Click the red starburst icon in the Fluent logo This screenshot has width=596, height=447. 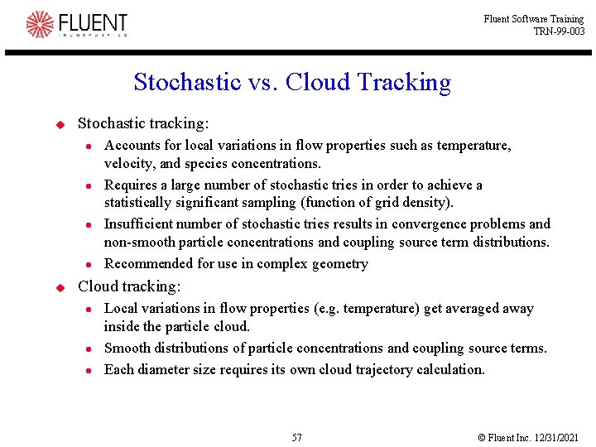pyautogui.click(x=39, y=25)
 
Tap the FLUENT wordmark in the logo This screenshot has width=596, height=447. pyautogui.click(x=92, y=22)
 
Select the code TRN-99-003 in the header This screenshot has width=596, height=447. pyautogui.click(x=559, y=31)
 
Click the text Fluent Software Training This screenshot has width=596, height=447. pyautogui.click(x=534, y=19)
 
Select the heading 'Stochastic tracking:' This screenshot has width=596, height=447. pyautogui.click(x=143, y=123)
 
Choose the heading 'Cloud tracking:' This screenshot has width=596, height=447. pyautogui.click(x=128, y=286)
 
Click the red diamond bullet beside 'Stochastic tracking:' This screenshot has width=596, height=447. pyautogui.click(x=60, y=124)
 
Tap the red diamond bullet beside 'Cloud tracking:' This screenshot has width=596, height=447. pyautogui.click(x=60, y=287)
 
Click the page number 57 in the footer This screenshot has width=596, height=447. pyautogui.click(x=297, y=437)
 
